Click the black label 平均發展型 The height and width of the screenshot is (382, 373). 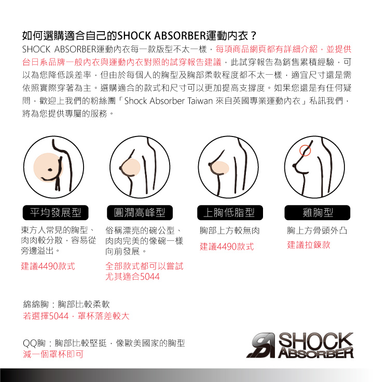(56, 213)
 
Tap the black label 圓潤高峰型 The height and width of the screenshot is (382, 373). (140, 213)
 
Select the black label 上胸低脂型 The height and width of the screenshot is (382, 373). (230, 213)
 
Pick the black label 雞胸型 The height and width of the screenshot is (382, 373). (317, 213)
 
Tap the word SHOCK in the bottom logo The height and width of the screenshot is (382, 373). (316, 340)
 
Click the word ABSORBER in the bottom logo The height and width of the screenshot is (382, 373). (316, 353)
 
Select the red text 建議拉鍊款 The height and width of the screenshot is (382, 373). (309, 245)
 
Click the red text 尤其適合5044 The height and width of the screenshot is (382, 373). (132, 277)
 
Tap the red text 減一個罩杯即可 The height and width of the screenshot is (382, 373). (53, 354)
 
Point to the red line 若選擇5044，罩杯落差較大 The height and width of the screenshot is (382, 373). (76, 316)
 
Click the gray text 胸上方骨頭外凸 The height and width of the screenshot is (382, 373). (317, 230)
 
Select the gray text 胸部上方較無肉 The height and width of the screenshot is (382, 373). (230, 230)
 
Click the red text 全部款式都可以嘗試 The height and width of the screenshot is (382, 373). (144, 266)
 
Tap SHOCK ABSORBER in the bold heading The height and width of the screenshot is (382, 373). (162, 36)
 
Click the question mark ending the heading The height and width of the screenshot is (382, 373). (254, 36)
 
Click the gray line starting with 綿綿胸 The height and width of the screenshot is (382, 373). (66, 304)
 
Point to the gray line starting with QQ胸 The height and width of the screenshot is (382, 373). (104, 343)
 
